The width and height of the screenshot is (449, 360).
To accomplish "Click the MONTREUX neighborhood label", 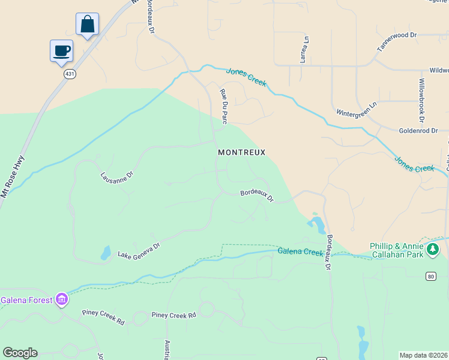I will tap(241, 152).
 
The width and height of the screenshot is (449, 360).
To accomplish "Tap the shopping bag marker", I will tap(87, 25).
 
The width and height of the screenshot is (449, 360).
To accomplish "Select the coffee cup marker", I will tap(61, 51).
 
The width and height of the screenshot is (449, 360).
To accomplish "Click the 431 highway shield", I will tap(70, 74).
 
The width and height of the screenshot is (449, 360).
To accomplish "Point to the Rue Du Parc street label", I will tap(224, 106).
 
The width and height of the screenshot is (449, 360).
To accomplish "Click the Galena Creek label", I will tap(300, 251).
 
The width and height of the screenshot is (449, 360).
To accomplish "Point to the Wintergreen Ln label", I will tap(356, 109).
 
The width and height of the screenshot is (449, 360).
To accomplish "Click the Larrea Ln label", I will tap(304, 50).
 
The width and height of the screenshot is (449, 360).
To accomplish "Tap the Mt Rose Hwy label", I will tap(13, 177).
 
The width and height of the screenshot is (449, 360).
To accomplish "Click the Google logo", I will tap(20, 353).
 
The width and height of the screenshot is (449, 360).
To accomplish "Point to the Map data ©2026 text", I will tap(424, 355).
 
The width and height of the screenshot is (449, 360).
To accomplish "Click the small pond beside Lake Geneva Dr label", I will tap(106, 253).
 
